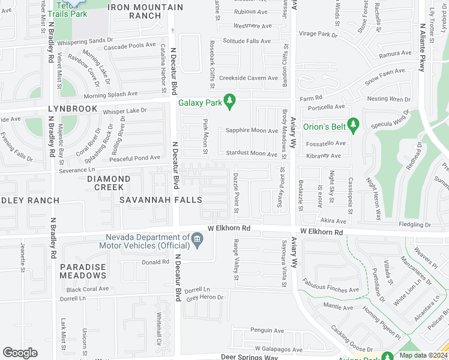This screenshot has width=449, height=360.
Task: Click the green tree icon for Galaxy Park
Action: click(229, 102)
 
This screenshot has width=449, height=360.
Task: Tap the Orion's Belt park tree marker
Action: click(354, 125)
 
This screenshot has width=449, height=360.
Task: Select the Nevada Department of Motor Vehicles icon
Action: click(197, 241)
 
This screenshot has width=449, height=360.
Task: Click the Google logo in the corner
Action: click(20, 353)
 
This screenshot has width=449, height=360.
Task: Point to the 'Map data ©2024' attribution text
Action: click(423, 355)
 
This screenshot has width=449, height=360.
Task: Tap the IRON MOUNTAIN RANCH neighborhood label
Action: click(145, 11)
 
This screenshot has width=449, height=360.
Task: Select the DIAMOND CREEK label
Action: click(109, 179)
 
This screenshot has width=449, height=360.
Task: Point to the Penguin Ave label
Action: click(267, 331)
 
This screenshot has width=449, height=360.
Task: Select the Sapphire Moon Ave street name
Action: click(252, 131)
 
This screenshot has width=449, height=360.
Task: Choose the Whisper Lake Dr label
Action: click(125, 111)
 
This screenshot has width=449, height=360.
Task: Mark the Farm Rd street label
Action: click(312, 97)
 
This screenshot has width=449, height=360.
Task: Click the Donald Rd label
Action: click(155, 262)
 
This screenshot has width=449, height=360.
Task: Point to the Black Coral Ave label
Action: click(87, 289)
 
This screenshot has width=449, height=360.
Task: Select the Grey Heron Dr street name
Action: click(205, 298)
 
